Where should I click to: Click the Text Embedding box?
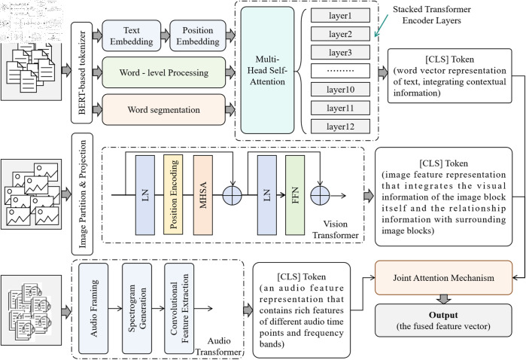point(132,35)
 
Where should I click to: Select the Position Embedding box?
point(198,35)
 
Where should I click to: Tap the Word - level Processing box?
point(164,72)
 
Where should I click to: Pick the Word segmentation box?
point(164,109)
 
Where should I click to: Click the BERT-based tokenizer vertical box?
point(81,72)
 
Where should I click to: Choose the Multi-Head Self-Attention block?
point(267,70)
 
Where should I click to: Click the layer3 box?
point(340,53)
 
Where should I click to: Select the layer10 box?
point(340,90)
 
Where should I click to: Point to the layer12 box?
point(340,127)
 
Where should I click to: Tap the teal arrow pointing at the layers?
point(382,25)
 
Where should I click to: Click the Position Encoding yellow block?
point(173,195)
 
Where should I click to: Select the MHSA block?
point(203,195)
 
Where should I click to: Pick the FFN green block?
point(295,195)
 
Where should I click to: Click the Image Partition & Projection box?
point(82,194)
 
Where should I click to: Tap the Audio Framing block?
point(93,308)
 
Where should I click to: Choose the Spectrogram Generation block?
point(137,308)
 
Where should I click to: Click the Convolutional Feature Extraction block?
point(179,308)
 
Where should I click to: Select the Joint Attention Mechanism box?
point(443,278)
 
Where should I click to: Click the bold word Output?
point(443,315)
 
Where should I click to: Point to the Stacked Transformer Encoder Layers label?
point(432,15)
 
